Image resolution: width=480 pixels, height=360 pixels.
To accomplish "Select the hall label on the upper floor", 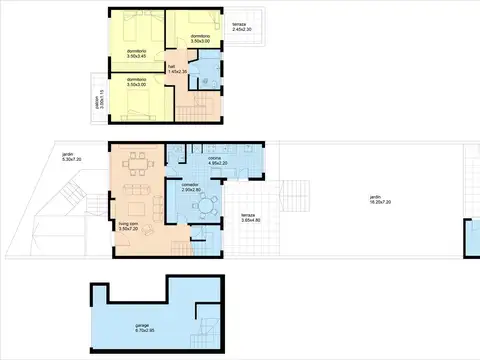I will pos(172,69).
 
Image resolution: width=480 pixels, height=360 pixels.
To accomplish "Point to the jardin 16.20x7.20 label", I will pos(375,199).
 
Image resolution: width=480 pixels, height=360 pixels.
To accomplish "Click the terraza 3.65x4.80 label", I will pos(250,220).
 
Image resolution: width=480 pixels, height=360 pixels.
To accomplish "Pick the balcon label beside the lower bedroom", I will pos(97,100).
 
